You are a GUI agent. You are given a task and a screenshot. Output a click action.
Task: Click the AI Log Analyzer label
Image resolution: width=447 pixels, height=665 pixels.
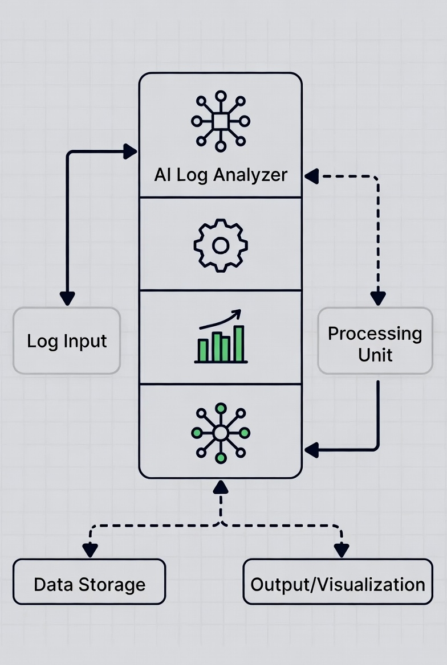pos(221,175)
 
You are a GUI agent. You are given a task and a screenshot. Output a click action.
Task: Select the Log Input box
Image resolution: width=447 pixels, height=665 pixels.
pos(67,341)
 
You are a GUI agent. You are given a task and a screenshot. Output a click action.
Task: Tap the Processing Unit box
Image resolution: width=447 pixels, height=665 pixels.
pos(375,344)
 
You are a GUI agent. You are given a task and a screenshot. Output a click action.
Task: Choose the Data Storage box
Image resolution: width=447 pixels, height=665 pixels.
pos(90,585)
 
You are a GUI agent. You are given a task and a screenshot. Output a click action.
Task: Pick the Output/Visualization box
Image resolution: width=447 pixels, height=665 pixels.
pos(338,585)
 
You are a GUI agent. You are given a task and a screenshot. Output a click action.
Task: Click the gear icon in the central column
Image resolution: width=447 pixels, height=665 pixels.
pos(220,245)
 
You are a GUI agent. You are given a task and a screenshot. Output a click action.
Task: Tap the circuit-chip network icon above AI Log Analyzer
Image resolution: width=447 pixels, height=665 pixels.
pos(221,121)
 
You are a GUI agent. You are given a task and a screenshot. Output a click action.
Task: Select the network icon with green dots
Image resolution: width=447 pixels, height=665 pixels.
pos(221,433)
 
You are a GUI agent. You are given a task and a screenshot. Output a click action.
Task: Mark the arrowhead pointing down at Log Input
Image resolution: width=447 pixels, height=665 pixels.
pos(67,298)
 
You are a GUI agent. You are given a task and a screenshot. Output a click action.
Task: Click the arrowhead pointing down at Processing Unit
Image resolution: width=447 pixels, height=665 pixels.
pos(377,298)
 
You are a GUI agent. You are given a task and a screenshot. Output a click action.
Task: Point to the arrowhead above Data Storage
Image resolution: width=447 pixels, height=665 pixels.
pos(90,549)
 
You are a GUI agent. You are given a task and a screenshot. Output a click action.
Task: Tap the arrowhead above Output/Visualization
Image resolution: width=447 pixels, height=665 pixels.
pos(342,549)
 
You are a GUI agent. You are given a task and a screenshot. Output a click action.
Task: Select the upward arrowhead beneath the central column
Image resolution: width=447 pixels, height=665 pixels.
pos(221,486)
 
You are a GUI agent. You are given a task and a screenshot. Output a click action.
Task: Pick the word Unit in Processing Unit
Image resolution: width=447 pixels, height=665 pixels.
pos(375,355)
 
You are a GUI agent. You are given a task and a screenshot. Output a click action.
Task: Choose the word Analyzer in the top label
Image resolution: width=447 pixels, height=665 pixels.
pos(255,175)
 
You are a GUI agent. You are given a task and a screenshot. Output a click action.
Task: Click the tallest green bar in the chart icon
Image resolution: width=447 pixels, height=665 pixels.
pos(239,344)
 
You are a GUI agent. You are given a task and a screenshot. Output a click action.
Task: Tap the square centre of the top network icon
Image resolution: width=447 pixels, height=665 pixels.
pos(221,121)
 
